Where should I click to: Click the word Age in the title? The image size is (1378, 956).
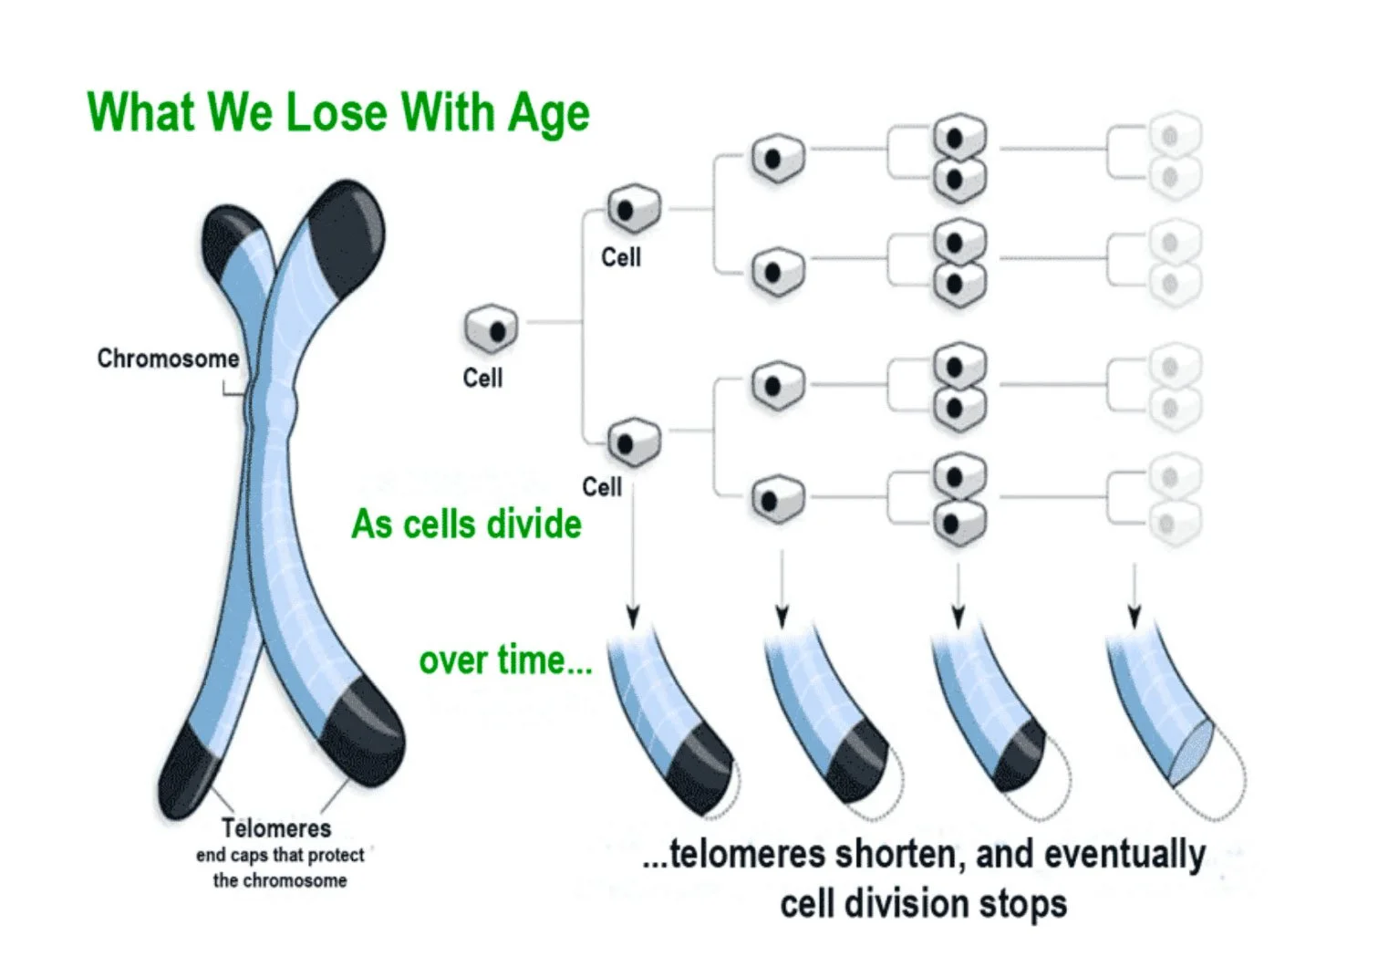[548, 114]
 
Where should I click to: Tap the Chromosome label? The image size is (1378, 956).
[168, 358]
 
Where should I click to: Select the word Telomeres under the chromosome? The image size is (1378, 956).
[276, 828]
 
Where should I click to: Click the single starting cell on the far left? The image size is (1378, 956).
[491, 330]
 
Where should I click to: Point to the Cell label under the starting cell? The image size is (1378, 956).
[482, 378]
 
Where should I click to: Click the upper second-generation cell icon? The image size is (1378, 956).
[633, 209]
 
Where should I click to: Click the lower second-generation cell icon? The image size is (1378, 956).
[633, 442]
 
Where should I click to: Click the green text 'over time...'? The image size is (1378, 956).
[505, 660]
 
